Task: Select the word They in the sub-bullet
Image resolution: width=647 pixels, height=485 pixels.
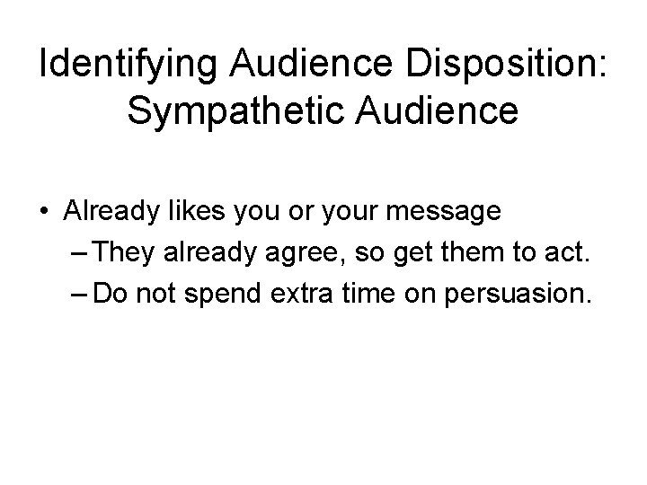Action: pyautogui.click(x=125, y=252)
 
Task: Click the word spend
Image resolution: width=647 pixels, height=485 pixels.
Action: pyautogui.click(x=228, y=293)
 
